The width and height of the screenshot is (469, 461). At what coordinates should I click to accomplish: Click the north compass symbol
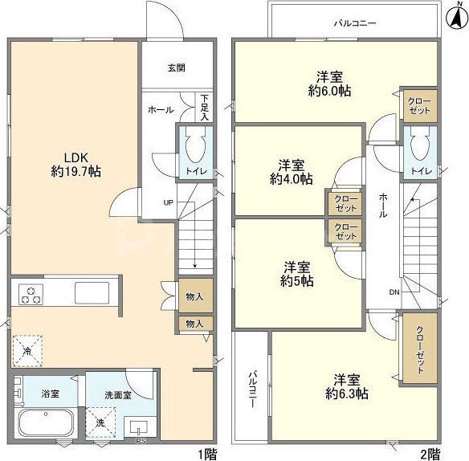(457, 18)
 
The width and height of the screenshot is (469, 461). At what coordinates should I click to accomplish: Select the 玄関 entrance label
(176, 68)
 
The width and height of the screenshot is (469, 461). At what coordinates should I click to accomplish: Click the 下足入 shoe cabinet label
(205, 108)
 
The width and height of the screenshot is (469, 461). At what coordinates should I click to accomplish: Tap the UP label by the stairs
(169, 203)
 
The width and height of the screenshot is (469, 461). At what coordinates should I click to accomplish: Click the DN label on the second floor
(394, 292)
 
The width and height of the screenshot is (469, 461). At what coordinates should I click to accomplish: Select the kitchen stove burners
(31, 294)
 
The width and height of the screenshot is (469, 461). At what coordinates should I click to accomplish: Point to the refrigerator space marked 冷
(27, 351)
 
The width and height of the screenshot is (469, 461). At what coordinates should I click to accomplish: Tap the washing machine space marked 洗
(100, 422)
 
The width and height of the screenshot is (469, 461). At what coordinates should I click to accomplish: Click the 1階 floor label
(207, 455)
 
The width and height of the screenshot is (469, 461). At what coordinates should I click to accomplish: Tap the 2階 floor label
(430, 455)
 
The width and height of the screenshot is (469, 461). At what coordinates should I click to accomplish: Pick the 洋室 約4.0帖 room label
(292, 172)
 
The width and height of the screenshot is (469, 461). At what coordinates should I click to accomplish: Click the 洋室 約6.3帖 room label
(347, 386)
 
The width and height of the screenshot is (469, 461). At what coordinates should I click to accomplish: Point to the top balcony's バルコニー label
(355, 23)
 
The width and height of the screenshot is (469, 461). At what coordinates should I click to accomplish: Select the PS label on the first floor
(140, 441)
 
